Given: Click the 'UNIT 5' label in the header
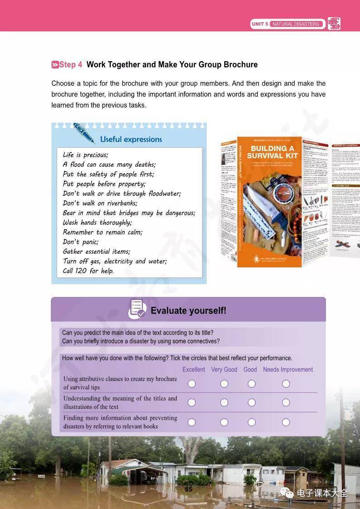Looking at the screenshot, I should pos(260,24).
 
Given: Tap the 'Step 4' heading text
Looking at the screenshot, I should pos(67,65).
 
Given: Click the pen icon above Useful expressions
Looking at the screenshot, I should pos(84,132).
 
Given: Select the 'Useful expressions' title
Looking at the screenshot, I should pos(131,140).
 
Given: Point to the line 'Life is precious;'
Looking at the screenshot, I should pos(86,155).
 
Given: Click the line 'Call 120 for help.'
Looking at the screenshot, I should pos(88,271).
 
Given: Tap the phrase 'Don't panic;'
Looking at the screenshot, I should pos(81,242).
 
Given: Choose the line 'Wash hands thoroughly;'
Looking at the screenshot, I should pos(97,223).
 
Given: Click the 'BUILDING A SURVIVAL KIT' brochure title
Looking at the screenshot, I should pos(272,152).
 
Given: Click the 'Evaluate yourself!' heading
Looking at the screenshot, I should pos(188,310).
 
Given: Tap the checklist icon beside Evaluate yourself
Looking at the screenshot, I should pos(137,309).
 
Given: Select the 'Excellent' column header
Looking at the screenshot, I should pos(194,369).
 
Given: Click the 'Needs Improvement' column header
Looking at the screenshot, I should pos(288,369).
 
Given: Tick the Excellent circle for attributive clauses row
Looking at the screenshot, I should pos(192,384).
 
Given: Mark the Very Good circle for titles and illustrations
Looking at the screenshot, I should pos(224,402).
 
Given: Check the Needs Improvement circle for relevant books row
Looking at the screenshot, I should pos(286,422).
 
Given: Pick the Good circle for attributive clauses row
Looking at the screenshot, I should pos(252,384).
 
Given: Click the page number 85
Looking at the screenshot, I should pos(189,489).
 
